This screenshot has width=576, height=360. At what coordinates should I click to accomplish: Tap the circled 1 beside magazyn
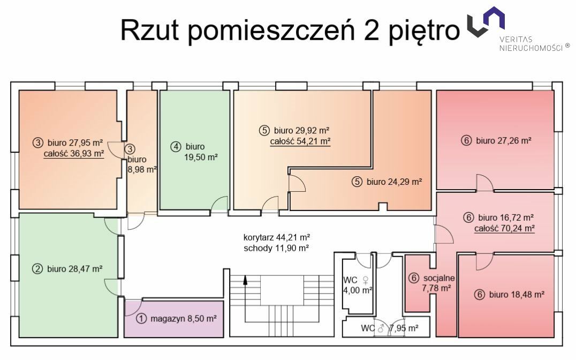tap(141, 318)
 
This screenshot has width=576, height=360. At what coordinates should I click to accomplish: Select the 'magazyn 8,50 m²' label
tap(183, 318)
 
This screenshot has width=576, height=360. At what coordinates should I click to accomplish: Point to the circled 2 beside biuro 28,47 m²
tap(37, 269)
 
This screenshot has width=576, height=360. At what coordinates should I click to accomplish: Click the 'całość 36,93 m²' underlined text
tap(74, 153)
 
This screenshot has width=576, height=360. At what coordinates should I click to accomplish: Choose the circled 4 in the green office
tap(176, 146)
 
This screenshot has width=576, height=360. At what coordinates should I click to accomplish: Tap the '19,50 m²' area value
tap(201, 157)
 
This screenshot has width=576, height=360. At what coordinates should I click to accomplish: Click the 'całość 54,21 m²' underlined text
tap(300, 141)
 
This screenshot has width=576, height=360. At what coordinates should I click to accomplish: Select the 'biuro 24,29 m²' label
tap(394, 182)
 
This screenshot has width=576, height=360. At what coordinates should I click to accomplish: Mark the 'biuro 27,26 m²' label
tap(504, 140)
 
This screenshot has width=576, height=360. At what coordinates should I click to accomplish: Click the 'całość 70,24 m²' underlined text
tap(504, 228)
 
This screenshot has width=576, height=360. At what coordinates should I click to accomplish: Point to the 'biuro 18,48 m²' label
tap(517, 295)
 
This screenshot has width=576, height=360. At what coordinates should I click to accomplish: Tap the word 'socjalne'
tap(439, 278)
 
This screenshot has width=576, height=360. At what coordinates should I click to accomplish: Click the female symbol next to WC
tap(366, 280)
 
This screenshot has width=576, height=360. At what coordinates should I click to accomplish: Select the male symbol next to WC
tap(381, 328)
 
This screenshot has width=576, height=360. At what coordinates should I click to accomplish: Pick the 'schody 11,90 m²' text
tap(276, 248)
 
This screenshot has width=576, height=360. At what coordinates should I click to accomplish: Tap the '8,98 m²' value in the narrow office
tap(142, 169)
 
